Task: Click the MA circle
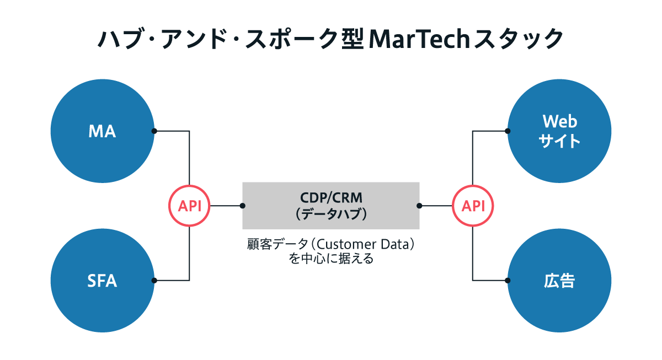(x=103, y=131)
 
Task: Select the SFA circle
(x=103, y=281)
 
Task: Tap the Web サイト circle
(x=559, y=131)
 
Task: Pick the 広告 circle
(x=559, y=281)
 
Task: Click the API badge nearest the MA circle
(x=189, y=206)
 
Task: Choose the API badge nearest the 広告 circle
(x=473, y=206)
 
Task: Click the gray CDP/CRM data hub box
(x=331, y=206)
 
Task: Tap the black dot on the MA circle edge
(x=154, y=131)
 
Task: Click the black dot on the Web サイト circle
(x=508, y=131)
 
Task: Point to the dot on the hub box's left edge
(x=243, y=206)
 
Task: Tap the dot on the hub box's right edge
(x=419, y=206)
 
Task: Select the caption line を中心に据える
(x=331, y=259)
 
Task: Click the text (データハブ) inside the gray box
(x=331, y=214)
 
